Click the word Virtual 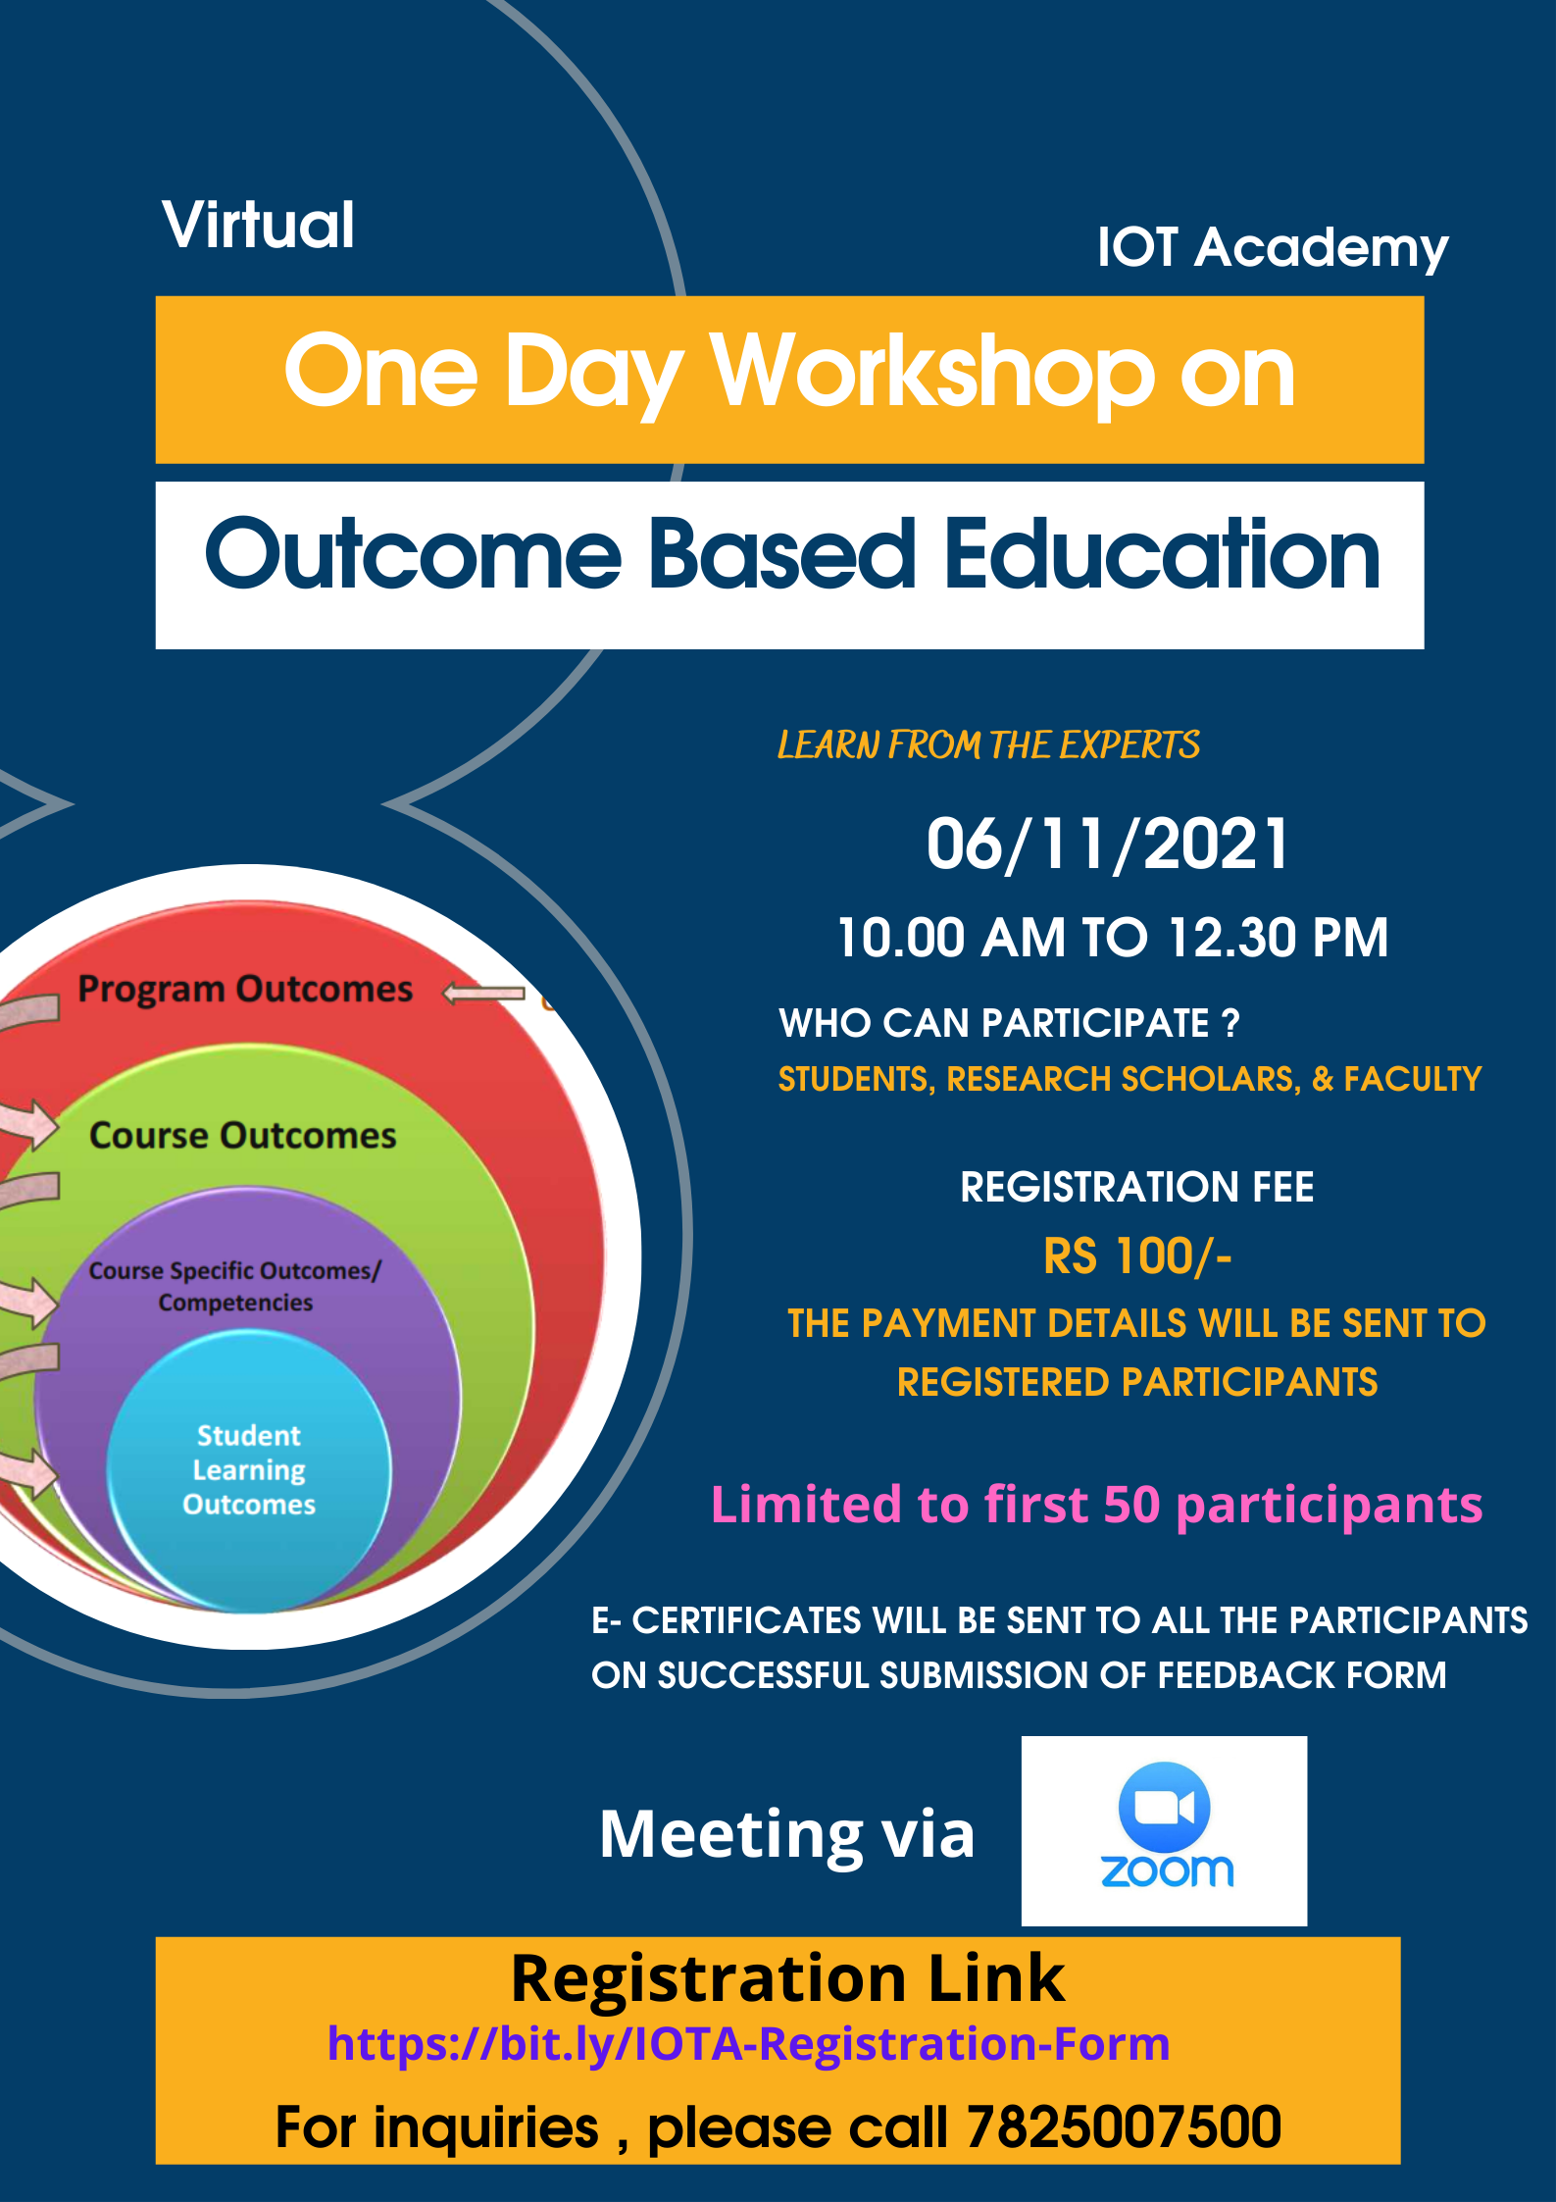coord(259,225)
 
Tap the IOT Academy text coord(1273,248)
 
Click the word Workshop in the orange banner coord(932,374)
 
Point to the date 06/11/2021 coord(1108,845)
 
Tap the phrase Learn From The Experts coord(988,745)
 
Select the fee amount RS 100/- coord(1137,1256)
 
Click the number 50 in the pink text coord(1131,1505)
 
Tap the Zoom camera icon coord(1164,1807)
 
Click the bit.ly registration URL coord(748,2045)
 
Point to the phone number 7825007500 coord(1124,2126)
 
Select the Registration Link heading coord(787,1978)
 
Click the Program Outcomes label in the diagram coord(245,989)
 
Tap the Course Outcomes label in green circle coord(243,1136)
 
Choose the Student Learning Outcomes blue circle coord(249,1470)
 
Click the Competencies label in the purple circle coord(235,1303)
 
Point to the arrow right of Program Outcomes coord(483,994)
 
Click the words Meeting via coord(787,1834)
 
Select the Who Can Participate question coord(1009,1023)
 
